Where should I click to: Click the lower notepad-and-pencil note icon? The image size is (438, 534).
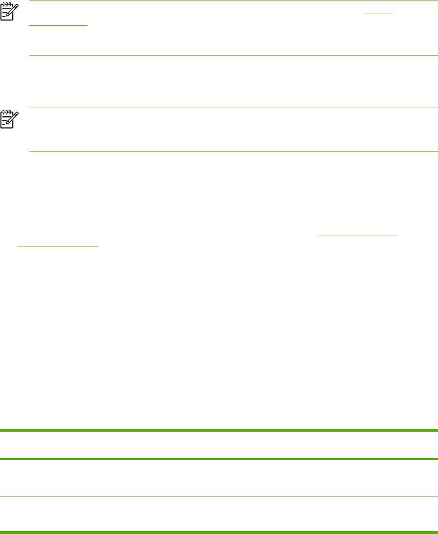[x=9, y=118]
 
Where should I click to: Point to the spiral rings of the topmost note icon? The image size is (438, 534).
[x=6, y=2]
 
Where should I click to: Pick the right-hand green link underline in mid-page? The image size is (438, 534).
[x=358, y=235]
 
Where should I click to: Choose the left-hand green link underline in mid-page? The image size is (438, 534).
[x=57, y=246]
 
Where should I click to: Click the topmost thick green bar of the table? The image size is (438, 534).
[x=219, y=430]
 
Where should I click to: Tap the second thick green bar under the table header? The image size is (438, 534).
[x=219, y=459]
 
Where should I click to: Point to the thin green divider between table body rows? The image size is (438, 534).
[x=219, y=496]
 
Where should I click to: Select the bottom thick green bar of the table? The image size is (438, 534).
[x=219, y=532]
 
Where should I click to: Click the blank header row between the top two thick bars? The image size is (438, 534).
[x=219, y=444]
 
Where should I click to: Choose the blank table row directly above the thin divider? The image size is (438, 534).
[x=219, y=477]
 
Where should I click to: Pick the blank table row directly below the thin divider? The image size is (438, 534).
[x=219, y=514]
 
